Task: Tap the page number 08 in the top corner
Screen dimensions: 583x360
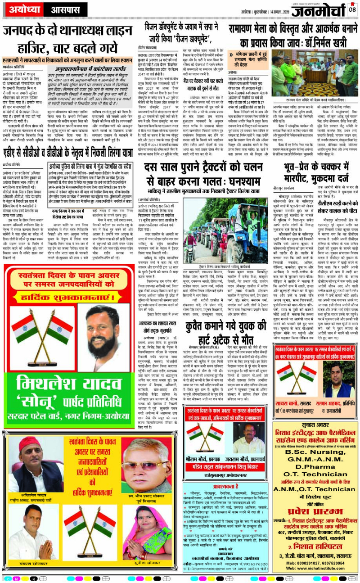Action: tap(352, 8)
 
